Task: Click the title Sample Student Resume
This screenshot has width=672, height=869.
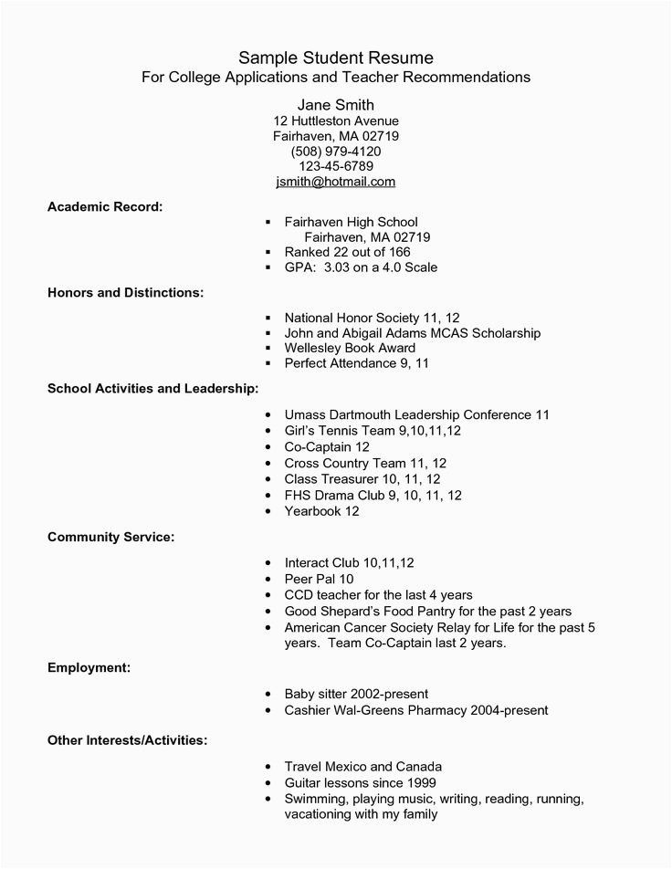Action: [x=336, y=58]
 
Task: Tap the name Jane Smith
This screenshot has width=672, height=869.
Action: [x=336, y=104]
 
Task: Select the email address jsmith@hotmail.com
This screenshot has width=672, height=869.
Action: [x=336, y=182]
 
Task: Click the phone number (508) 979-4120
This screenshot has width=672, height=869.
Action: [x=336, y=151]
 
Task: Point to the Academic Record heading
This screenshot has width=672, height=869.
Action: [x=105, y=206]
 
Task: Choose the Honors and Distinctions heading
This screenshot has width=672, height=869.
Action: [x=125, y=293]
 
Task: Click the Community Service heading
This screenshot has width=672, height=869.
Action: [x=110, y=537]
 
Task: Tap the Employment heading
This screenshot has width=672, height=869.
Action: [x=89, y=668]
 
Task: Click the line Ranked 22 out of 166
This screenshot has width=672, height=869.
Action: [x=348, y=252]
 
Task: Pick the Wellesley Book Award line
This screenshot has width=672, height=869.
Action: [x=350, y=348]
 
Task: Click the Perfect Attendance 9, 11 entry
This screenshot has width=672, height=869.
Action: [x=356, y=363]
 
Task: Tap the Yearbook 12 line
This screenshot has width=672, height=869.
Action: [x=321, y=511]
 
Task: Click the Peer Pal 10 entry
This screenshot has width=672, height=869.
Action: [x=319, y=579]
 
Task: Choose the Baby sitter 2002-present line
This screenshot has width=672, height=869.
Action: [x=356, y=694]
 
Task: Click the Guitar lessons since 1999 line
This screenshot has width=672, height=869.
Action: [x=360, y=783]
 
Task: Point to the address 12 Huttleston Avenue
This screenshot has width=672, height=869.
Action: [x=336, y=120]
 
